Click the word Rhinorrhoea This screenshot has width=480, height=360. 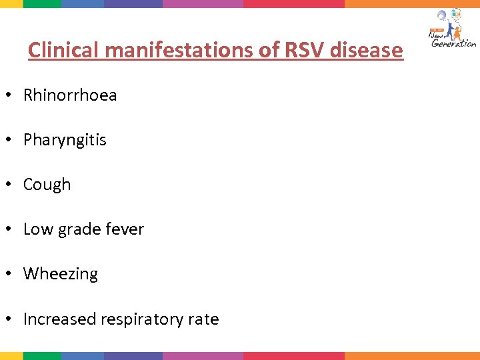click(x=70, y=95)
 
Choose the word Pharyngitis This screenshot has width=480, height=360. click(x=65, y=140)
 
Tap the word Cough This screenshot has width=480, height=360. click(x=47, y=185)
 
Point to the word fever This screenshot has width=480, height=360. click(x=124, y=229)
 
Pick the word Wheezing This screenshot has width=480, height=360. click(x=61, y=274)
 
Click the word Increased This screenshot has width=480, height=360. click(x=59, y=319)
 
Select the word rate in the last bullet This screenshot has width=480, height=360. click(x=203, y=319)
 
